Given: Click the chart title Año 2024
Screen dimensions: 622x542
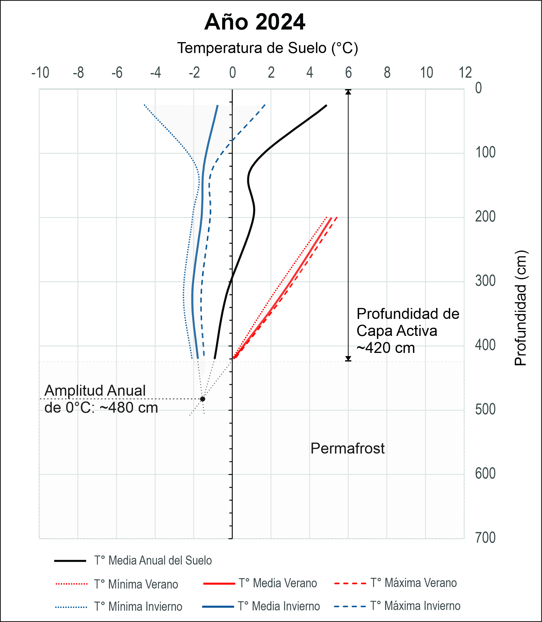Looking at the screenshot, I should tap(254, 22).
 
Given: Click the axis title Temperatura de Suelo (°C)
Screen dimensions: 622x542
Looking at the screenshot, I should tap(268, 48).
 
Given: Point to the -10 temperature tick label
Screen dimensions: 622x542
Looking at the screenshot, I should tap(40, 73).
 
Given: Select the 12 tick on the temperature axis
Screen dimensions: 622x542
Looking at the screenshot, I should tap(465, 73).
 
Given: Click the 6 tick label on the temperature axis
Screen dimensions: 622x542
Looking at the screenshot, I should tap(348, 73).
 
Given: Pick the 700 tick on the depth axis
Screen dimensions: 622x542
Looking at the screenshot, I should tap(485, 537).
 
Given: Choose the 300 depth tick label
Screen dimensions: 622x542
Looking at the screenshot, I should tap(485, 280).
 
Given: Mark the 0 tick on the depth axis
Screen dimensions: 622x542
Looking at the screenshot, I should tap(479, 88).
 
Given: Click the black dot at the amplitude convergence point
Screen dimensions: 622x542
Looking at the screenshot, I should tap(203, 399).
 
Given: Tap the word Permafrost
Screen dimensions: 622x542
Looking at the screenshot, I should tap(348, 448).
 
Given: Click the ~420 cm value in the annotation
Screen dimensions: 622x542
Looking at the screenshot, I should tap(386, 348).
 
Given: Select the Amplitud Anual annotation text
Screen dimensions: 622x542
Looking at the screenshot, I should tap(95, 391).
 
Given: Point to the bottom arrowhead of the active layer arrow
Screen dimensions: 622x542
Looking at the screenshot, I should tap(348, 359).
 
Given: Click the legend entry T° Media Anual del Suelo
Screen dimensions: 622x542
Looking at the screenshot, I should tap(153, 561).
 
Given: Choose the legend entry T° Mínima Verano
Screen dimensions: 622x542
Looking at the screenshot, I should tap(136, 584).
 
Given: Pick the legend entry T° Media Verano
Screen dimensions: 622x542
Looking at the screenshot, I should tap(278, 583).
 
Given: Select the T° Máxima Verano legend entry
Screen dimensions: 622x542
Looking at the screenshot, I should tap(413, 583).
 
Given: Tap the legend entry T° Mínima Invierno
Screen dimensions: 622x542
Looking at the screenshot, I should tap(138, 606).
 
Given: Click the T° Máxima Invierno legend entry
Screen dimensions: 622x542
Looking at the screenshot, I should tap(415, 606).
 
